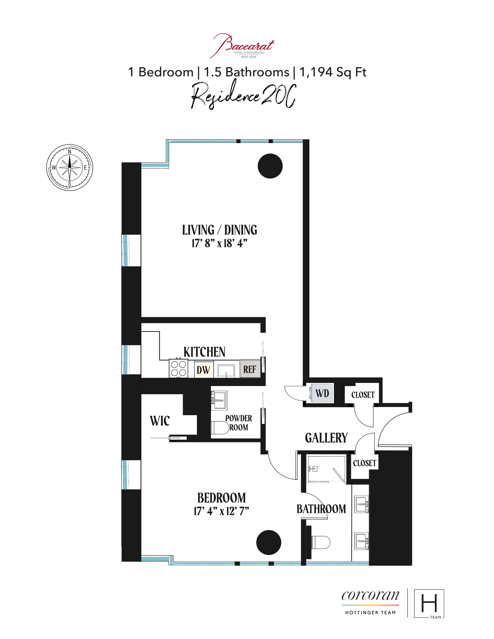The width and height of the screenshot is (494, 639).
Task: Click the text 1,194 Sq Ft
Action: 333,72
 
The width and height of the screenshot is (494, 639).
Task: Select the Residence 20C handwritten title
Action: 243,96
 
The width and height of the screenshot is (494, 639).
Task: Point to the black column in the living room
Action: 270,166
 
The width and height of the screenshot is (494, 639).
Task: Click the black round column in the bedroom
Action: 269,542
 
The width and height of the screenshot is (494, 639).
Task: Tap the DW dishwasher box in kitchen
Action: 204,369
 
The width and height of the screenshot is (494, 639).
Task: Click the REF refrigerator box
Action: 250,369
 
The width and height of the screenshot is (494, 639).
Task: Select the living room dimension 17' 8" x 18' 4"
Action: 219,243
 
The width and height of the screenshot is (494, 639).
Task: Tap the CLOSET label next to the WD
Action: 363,395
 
